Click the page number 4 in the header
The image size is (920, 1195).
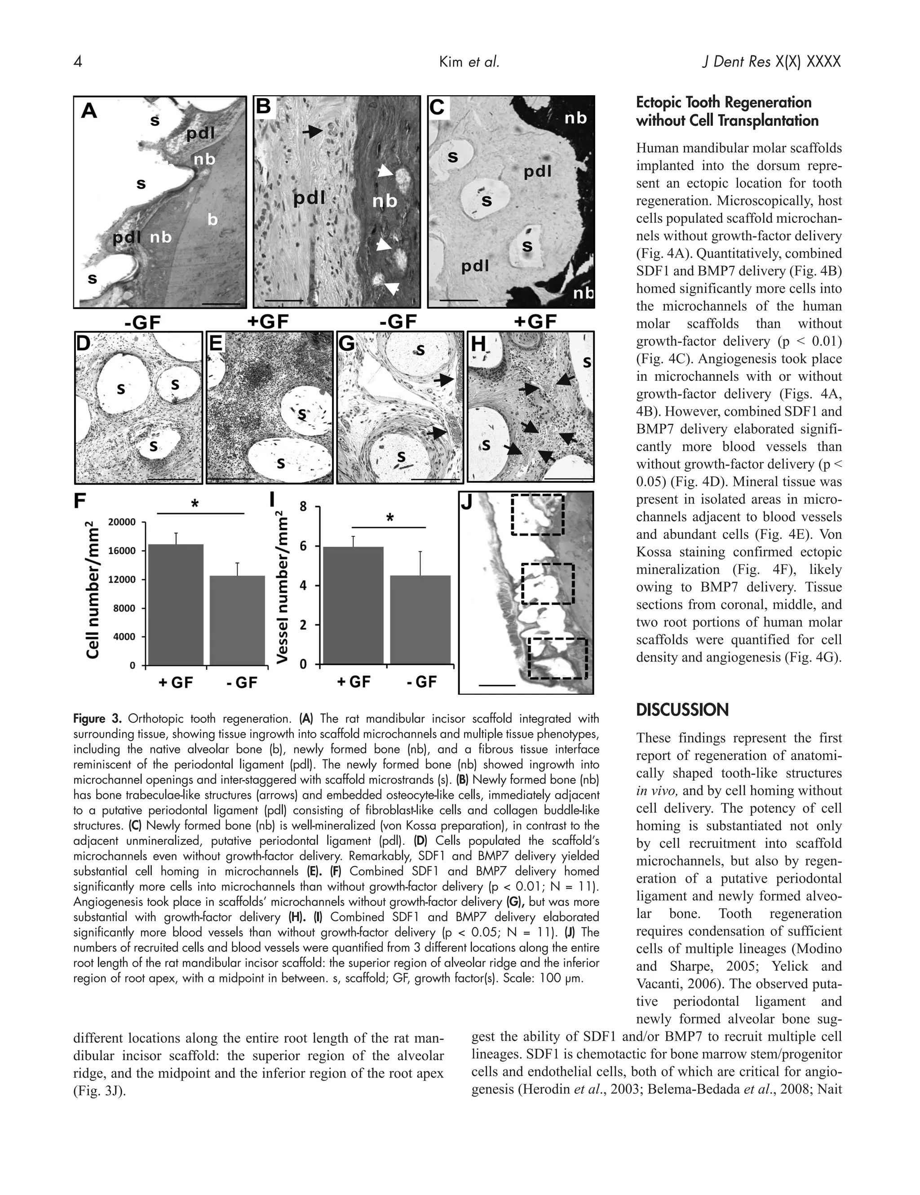(x=78, y=62)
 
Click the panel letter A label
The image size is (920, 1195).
(x=88, y=111)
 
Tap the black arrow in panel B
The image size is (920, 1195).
(x=312, y=131)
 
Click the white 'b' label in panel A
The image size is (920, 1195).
(x=212, y=220)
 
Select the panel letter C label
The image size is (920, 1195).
(x=438, y=107)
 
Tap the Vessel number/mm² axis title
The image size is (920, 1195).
(x=282, y=586)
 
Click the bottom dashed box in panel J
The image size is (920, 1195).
(x=557, y=658)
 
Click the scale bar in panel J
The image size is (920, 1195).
(x=497, y=684)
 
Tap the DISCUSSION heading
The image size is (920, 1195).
(x=681, y=710)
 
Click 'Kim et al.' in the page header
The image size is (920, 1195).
(x=469, y=62)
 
